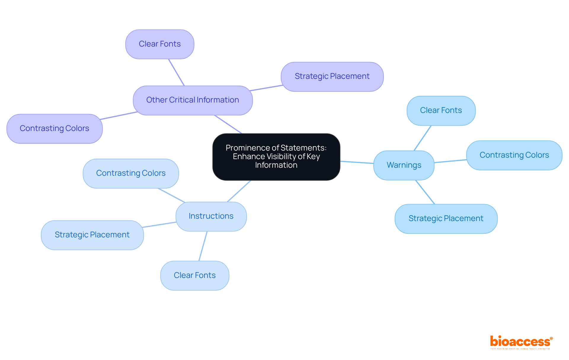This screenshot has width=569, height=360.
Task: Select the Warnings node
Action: pos(404,165)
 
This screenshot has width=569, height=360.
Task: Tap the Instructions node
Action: pos(211,216)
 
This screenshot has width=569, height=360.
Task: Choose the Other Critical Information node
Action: pos(193,100)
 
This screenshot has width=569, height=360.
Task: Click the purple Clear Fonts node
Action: pos(160,44)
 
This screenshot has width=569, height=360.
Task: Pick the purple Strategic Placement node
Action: pos(332,76)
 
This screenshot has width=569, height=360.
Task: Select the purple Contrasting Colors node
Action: pos(55,128)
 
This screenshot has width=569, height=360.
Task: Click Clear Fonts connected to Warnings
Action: pos(441,110)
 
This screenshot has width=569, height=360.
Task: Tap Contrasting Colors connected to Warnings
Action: pos(514,155)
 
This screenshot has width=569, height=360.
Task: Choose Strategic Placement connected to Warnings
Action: pos(446,218)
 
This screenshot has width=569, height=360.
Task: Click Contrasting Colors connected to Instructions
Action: pos(131,173)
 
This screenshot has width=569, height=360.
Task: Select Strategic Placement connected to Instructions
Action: pos(92,235)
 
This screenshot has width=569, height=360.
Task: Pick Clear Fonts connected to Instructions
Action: pos(195,275)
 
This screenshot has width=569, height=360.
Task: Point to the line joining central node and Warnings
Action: pos(357,162)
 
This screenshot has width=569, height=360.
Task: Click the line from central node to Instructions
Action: pos(239,191)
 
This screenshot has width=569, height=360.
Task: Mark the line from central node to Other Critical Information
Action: pos(228,124)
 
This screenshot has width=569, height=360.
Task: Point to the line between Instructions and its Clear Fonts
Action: pos(203,246)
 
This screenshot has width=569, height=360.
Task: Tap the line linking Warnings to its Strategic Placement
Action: pos(425,192)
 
